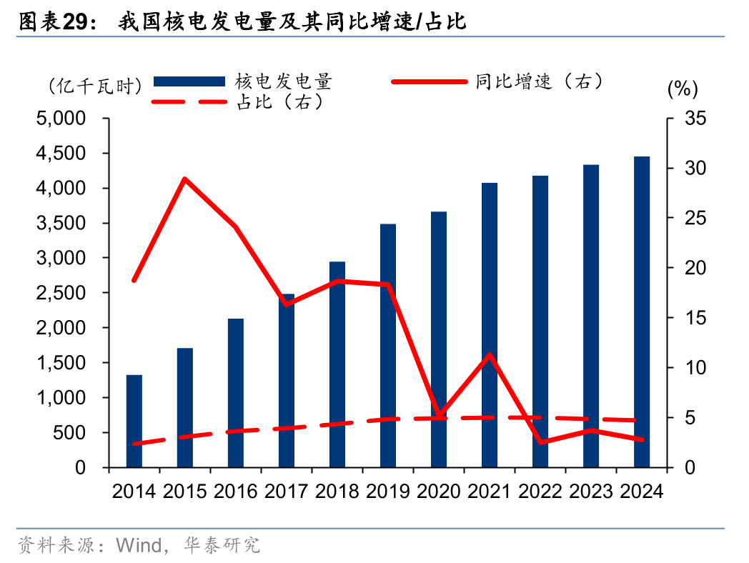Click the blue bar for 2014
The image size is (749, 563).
click(134, 421)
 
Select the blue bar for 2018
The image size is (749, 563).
click(337, 364)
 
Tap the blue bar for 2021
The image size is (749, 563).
click(490, 325)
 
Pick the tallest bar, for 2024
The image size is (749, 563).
click(642, 312)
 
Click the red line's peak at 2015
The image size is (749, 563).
click(185, 179)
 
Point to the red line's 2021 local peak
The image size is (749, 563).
click(490, 354)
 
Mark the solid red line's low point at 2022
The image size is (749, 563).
click(540, 442)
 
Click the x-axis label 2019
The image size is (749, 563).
click(388, 492)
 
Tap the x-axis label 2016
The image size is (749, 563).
click(236, 492)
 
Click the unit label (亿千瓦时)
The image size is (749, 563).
click(95, 86)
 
